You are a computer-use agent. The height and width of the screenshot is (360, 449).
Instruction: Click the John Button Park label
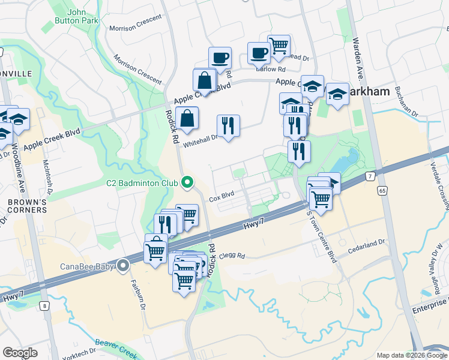coord(83,16)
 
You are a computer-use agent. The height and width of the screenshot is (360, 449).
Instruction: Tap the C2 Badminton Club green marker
coord(187,182)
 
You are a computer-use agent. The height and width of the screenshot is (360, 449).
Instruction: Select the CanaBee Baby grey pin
coord(124,265)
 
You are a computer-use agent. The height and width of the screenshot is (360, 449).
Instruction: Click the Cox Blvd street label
coord(221,196)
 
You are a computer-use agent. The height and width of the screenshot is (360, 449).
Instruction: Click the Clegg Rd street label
coord(232,256)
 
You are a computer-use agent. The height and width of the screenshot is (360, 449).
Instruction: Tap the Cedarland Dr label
coord(368,244)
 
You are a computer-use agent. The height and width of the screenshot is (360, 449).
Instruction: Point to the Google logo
coord(20,353)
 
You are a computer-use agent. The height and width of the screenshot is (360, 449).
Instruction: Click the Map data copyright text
coord(411,355)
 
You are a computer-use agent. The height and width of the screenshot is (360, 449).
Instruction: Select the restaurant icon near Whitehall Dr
coord(228,125)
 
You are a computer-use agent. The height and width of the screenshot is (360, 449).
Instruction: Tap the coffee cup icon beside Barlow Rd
coord(259,53)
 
